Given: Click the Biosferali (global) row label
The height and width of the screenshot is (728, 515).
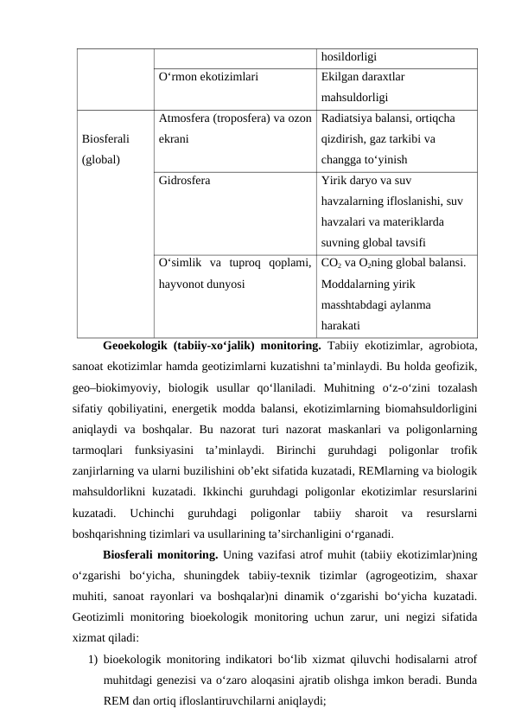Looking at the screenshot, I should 105,148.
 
